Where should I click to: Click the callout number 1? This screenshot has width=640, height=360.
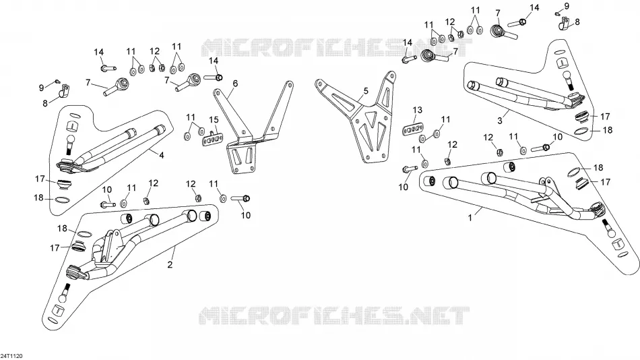tap(470, 218)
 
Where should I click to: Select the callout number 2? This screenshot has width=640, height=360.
tap(170, 264)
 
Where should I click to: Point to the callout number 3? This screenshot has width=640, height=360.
tap(500, 121)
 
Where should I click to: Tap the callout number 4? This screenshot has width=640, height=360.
tap(162, 155)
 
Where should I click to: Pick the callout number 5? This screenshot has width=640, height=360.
tap(366, 91)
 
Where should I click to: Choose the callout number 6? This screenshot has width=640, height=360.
tap(235, 84)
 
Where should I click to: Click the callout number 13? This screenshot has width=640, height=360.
tap(417, 110)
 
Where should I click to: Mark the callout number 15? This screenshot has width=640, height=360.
tap(214, 120)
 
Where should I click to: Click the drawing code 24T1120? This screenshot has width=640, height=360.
tap(11, 357)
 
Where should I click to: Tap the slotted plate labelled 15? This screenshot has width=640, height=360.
tap(212, 139)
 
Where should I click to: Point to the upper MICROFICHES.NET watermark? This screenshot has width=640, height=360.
tap(337, 47)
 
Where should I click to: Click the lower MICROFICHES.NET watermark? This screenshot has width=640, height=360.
tap(334, 316)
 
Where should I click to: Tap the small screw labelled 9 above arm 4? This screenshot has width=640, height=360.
tap(57, 81)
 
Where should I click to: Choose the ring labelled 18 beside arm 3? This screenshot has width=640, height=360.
tap(581, 131)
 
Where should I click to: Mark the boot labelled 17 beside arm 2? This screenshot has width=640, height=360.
tap(78, 246)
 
